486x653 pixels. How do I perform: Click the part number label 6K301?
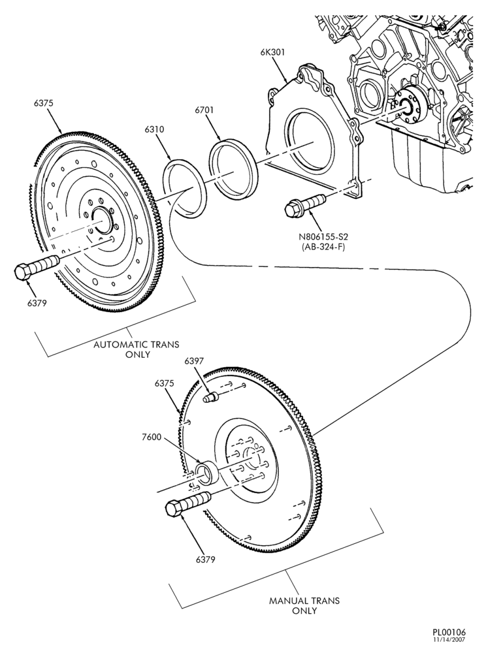click(x=273, y=52)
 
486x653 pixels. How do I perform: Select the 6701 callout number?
click(x=204, y=110)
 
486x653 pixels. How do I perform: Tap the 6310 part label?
click(x=155, y=129)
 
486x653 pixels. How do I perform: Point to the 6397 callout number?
click(x=194, y=361)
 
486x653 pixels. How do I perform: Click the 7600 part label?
click(x=151, y=438)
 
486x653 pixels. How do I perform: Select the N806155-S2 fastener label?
click(x=323, y=237)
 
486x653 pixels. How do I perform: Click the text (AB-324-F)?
click(x=323, y=247)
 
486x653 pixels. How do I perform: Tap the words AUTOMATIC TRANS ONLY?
click(x=136, y=349)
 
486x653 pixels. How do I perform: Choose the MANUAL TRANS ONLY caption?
click(x=304, y=606)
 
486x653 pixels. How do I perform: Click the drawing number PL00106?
click(x=449, y=632)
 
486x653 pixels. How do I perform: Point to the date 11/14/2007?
click(x=451, y=639)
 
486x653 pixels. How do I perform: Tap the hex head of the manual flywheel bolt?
click(x=175, y=509)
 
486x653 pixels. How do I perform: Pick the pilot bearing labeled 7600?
click(x=207, y=473)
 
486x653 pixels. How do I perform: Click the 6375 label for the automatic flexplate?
click(x=44, y=103)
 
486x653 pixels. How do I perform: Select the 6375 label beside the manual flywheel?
click(x=164, y=383)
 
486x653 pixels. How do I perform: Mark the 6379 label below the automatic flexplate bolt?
click(x=37, y=303)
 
